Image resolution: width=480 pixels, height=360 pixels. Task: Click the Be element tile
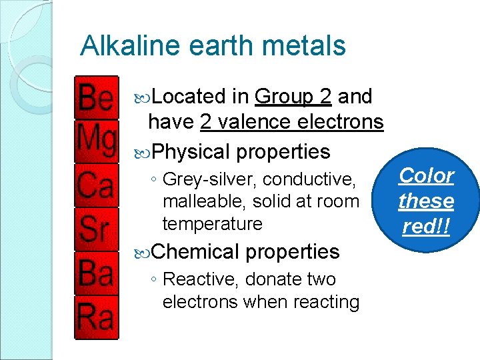point(96,99)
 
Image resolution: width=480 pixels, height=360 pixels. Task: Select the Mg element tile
point(96,141)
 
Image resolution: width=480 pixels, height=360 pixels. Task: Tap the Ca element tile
point(96,185)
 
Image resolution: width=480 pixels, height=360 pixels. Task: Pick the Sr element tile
point(96,229)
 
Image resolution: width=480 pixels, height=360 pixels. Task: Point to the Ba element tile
point(96,273)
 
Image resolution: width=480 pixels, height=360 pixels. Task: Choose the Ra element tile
point(96,317)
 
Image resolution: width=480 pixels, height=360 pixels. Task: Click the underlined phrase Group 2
point(293,97)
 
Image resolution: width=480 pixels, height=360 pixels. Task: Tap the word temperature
point(212,223)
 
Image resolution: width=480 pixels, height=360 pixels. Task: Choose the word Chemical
point(195,252)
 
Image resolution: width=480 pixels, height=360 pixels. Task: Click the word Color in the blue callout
point(426,176)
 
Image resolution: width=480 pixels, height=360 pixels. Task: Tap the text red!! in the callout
point(426,227)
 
